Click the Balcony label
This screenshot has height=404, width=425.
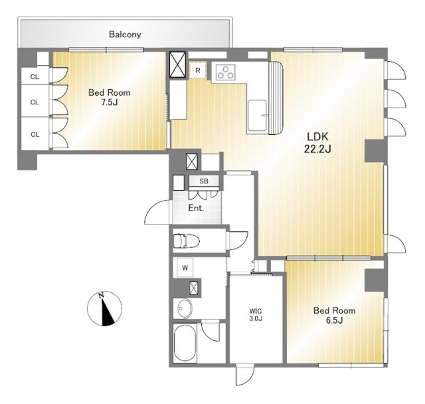click(x=125, y=35)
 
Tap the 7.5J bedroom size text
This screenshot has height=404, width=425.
click(x=109, y=102)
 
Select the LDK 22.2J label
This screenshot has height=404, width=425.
click(x=317, y=143)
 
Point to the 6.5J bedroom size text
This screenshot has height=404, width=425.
click(x=334, y=320)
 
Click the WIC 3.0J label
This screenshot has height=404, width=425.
click(x=256, y=315)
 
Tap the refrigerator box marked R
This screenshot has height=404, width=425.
click(x=198, y=70)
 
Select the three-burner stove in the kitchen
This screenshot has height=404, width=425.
click(x=226, y=72)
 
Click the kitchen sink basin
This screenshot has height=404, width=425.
click(x=257, y=116)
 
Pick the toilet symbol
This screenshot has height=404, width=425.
click(x=186, y=241)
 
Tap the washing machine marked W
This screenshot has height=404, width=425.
click(x=185, y=268)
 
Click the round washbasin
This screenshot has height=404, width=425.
click(x=185, y=308)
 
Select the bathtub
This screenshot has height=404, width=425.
click(x=185, y=342)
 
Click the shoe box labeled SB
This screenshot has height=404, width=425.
click(x=204, y=181)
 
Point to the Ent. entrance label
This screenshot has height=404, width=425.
click(x=196, y=208)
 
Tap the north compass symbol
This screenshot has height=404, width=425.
click(x=105, y=308)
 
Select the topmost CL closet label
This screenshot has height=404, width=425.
click(x=35, y=77)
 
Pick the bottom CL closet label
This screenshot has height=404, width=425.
click(x=35, y=134)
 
